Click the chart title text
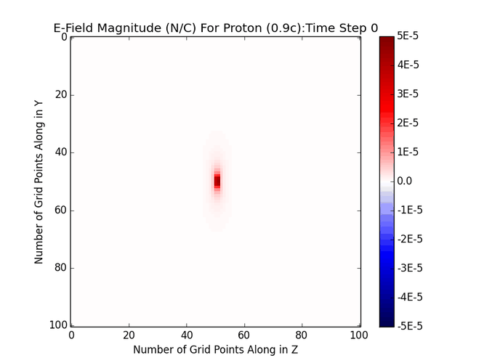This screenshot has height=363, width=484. point(216,28)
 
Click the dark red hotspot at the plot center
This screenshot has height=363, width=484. point(217,181)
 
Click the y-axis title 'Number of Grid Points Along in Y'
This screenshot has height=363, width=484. point(39,181)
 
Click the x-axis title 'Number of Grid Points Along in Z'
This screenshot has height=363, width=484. point(216,349)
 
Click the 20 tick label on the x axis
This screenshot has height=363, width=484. point(129,335)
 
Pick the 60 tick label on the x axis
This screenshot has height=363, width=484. point(245,335)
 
